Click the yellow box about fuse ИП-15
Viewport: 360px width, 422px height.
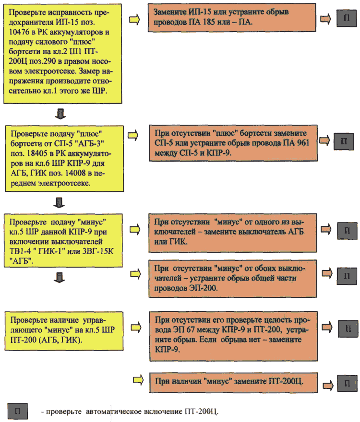[62, 54]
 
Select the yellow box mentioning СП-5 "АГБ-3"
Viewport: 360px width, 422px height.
[64, 159]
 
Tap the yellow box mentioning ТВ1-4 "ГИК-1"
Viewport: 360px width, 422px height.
[63, 240]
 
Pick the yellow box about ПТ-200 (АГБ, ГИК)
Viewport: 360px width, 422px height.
[64, 331]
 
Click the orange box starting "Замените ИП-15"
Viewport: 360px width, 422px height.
[232, 18]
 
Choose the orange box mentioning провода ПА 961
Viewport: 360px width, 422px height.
[233, 143]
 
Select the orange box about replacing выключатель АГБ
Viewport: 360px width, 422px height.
[232, 233]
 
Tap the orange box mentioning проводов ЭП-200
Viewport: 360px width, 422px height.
[233, 279]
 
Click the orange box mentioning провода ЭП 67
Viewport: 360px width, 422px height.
[234, 336]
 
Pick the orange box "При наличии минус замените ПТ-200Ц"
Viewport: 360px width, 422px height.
[234, 383]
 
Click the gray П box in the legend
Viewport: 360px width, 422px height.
[17, 411]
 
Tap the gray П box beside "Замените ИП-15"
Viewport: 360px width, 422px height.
[347, 18]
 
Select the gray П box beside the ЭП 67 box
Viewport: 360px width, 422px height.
[348, 328]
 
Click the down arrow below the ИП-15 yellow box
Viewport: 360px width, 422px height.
[60, 114]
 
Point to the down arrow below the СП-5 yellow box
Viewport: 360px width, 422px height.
[59, 203]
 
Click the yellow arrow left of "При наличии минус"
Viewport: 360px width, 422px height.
[138, 380]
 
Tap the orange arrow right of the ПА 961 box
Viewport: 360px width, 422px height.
[324, 141]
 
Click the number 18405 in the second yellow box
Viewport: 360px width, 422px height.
[37, 153]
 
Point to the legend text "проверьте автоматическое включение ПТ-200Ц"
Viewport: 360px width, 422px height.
[130, 411]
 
